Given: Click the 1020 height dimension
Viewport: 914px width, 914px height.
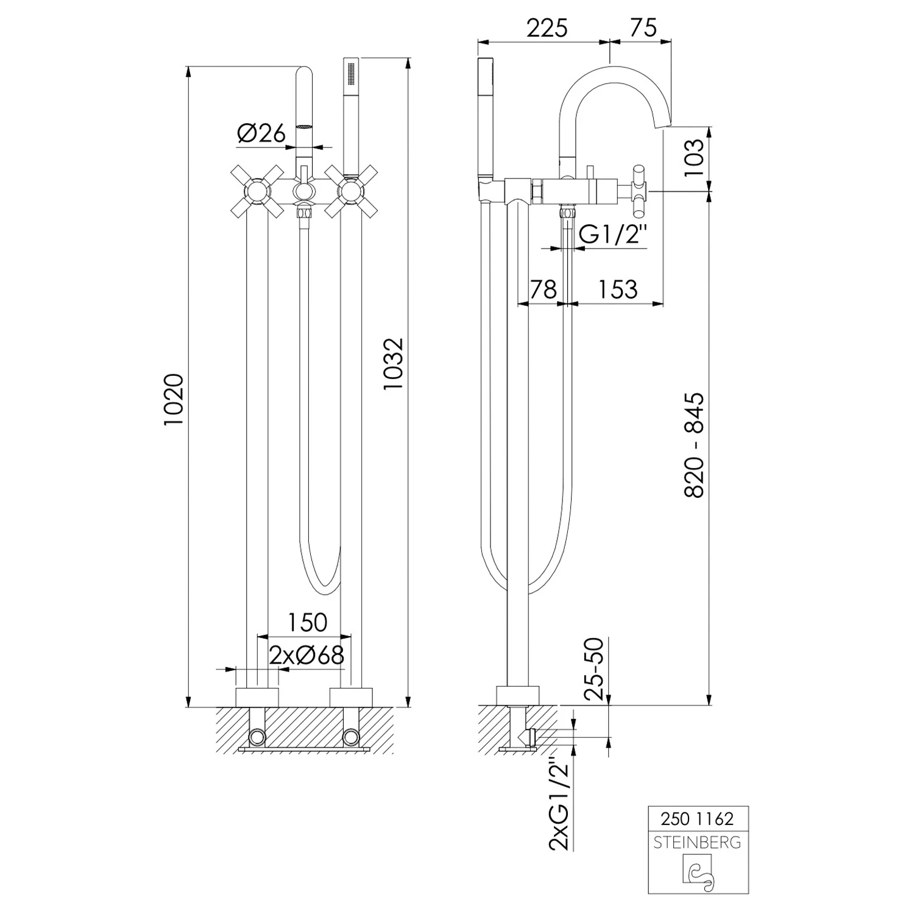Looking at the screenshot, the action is click(x=174, y=400).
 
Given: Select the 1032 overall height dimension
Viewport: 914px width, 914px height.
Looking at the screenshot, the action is click(x=394, y=364).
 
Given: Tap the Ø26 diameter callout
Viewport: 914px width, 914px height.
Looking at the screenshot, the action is click(x=261, y=133).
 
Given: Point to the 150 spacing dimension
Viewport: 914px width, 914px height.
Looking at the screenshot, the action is click(x=307, y=622).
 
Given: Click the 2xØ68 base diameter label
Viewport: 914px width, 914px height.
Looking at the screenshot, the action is click(x=307, y=655).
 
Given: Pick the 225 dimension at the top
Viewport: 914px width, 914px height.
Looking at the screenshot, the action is click(x=547, y=28).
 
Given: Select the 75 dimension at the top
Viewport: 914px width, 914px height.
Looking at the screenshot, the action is click(x=642, y=28).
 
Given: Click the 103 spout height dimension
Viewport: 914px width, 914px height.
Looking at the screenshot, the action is click(x=693, y=158).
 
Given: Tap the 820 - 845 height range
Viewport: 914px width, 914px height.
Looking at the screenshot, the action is click(x=694, y=445).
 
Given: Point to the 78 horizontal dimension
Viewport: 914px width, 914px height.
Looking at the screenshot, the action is click(x=544, y=289).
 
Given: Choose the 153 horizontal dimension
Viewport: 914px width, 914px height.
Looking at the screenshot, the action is click(x=617, y=289).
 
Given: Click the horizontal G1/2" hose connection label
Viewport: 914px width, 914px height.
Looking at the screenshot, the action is click(x=611, y=234).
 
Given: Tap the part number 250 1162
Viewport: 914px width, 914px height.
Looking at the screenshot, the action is click(x=697, y=818).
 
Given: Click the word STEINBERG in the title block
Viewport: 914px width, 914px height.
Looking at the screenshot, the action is click(x=697, y=843).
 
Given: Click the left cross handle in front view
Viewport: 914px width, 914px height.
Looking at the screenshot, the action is click(x=256, y=191).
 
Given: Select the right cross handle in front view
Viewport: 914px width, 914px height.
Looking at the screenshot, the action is click(x=350, y=191).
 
